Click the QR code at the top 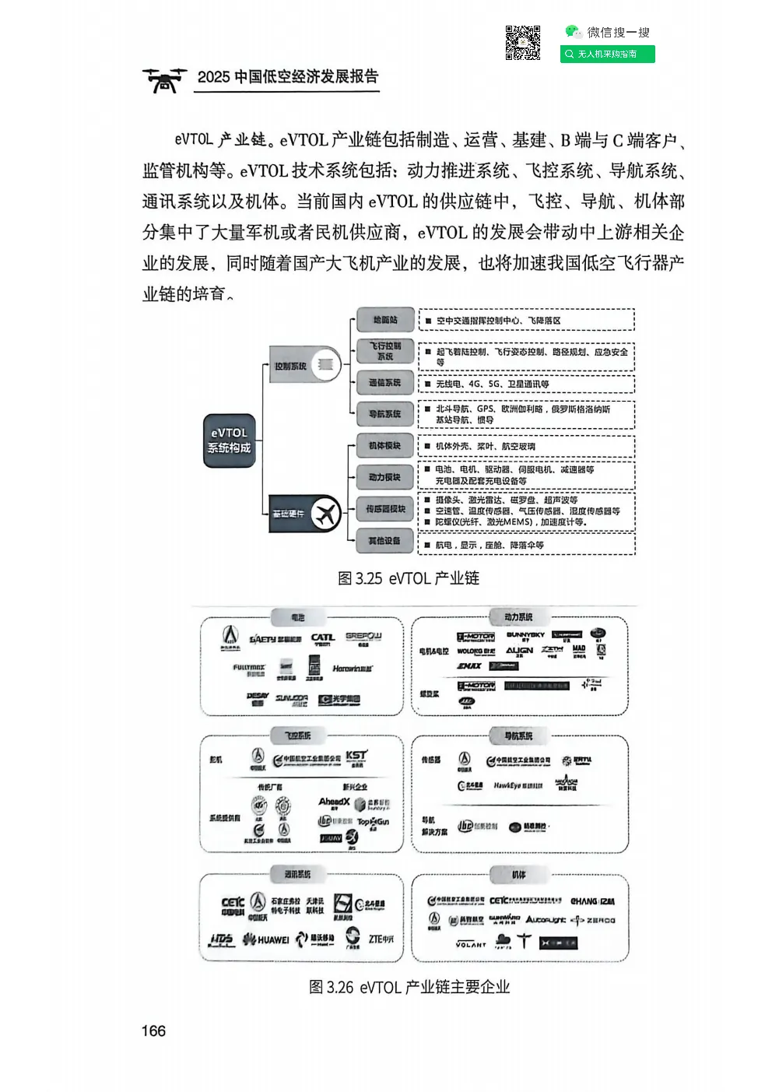point(522,43)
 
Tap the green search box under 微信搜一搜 point(607,54)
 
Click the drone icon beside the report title point(164,79)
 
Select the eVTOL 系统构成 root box point(229,441)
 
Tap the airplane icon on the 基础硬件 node point(326,514)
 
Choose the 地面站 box point(384,320)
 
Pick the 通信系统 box point(384,383)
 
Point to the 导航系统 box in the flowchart point(384,414)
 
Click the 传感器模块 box point(385,509)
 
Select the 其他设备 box point(384,541)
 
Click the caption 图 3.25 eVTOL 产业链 point(409,578)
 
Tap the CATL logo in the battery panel point(322,639)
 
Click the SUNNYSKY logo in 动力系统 point(526,636)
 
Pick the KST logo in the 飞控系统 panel point(356,757)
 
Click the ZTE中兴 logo point(381,939)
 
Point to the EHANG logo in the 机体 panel point(592,901)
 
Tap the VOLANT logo point(471,944)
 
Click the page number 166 point(153,1031)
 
